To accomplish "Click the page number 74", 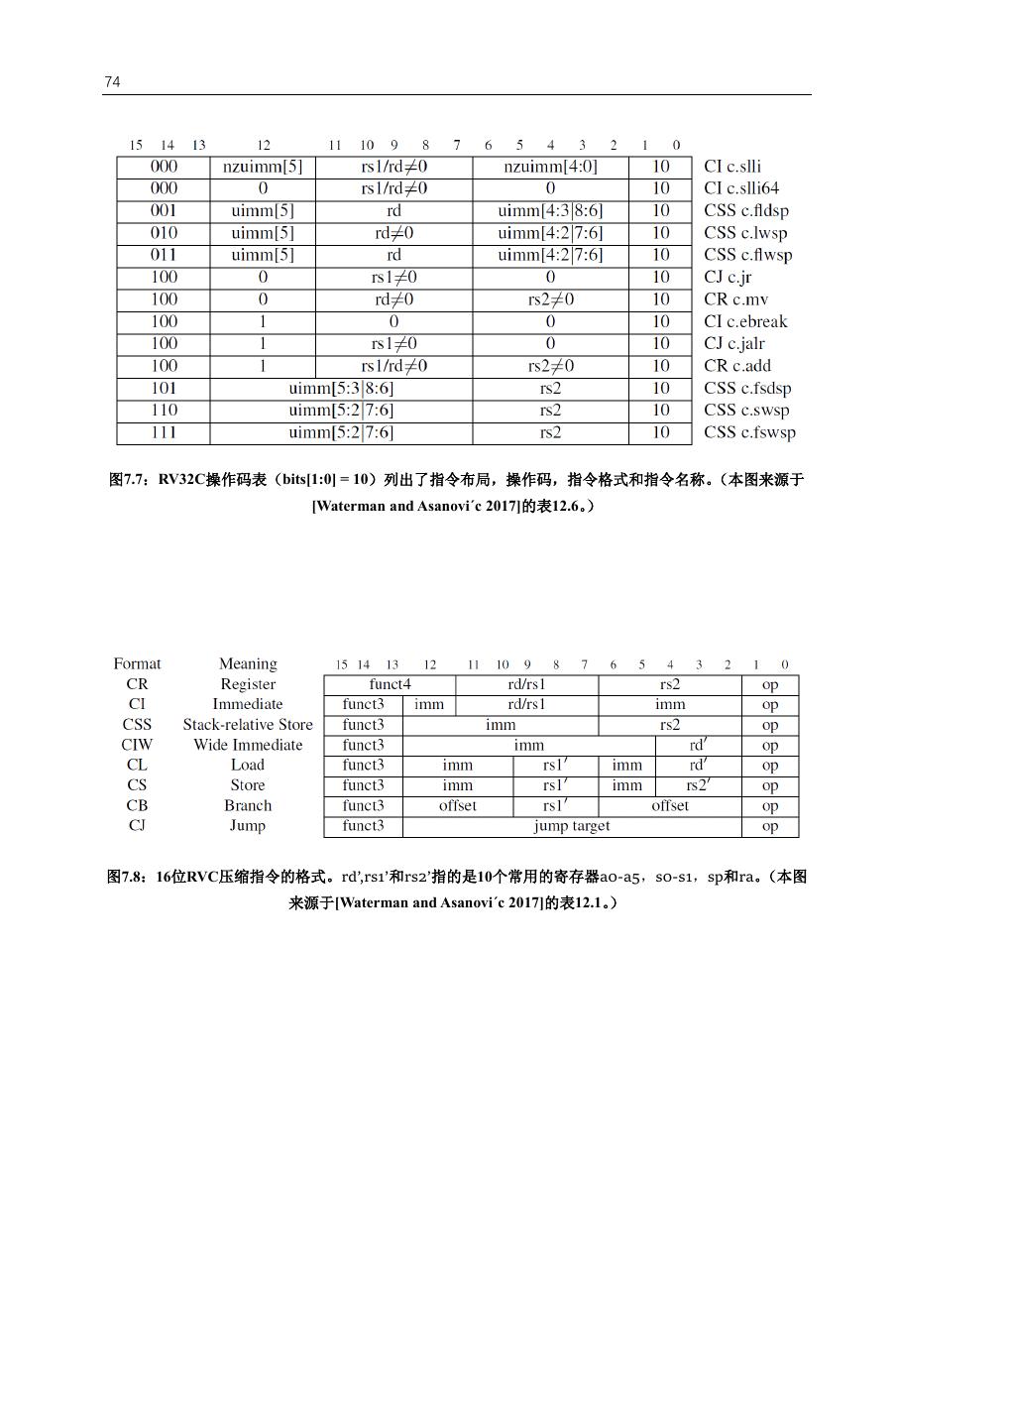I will pos(112,82).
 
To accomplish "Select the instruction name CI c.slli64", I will pos(741,188).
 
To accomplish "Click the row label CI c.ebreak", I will pos(745,321).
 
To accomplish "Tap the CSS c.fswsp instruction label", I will pos(749,432).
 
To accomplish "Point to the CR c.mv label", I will pos(735,299).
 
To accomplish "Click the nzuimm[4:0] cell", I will pos(550,167).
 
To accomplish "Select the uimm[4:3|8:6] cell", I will pos(550,210).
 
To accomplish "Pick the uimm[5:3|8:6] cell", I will pos(341,388).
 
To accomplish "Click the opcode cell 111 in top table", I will pos(164,432).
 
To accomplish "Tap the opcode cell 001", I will pos(164,210).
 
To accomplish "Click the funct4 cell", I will pos(390,684).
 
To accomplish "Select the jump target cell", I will pos(572,826).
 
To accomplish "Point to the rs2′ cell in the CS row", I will pos(698,785).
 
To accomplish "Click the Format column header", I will pos(137,663).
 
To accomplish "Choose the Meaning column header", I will pos(248,663).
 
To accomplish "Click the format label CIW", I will pos(137,745).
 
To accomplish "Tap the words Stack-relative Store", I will pos(248,725).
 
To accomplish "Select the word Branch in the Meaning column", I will pos(248,805).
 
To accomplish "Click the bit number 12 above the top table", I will pos(264,145).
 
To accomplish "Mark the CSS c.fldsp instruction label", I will pos(746,210).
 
